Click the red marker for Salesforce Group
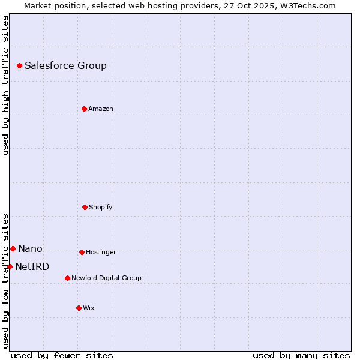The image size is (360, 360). click(x=19, y=65)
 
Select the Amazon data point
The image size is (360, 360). click(x=84, y=109)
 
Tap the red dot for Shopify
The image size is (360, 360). click(x=85, y=207)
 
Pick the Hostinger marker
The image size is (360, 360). click(x=82, y=252)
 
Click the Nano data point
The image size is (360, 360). click(x=13, y=248)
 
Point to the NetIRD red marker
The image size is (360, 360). click(x=10, y=266)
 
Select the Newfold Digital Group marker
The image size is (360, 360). click(x=67, y=278)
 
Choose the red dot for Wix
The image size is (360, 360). click(x=79, y=308)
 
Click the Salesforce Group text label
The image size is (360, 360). click(x=65, y=66)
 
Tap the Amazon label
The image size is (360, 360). click(x=101, y=109)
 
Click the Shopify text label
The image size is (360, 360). click(x=101, y=208)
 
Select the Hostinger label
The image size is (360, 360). click(x=101, y=253)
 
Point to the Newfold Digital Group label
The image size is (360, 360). click(x=106, y=278)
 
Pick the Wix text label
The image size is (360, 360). click(x=89, y=308)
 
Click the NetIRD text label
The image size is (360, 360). click(x=32, y=267)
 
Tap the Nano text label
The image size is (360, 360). click(x=30, y=249)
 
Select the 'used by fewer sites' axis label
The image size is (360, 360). click(x=62, y=355)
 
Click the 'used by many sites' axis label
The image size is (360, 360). click(x=301, y=355)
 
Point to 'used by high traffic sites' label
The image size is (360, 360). click(x=5, y=85)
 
